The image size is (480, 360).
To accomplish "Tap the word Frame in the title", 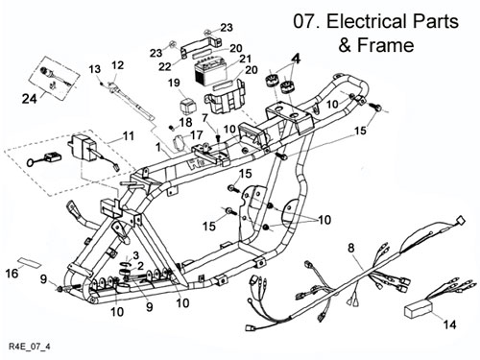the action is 385,45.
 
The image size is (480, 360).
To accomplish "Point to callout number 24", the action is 29,99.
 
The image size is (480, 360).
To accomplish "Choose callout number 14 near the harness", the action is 450,324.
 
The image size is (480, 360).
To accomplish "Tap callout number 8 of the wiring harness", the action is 351,248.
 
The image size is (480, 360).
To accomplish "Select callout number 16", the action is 12,274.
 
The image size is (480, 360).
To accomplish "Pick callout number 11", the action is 128,136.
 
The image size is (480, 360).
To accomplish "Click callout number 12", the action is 117,65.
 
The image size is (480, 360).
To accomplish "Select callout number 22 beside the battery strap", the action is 165,66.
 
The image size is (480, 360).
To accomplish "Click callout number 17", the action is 197,134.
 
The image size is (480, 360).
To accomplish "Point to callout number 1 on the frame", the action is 158,147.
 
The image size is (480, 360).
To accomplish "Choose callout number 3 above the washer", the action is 135,255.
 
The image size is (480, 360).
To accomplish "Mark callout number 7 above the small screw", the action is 205,117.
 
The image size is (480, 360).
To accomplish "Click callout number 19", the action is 174,84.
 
